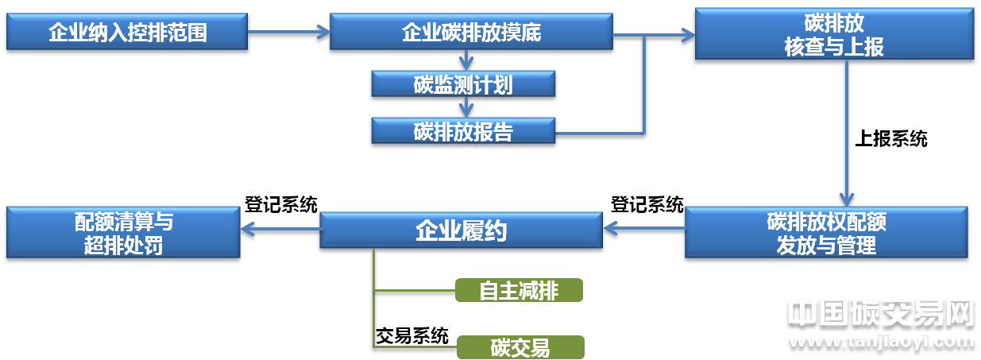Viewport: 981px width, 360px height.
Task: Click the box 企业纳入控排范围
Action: coord(127,33)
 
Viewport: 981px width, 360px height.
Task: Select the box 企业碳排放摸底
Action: coord(472,33)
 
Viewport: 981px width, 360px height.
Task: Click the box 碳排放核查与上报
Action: coord(833,35)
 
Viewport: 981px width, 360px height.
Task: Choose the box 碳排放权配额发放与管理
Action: coord(826,233)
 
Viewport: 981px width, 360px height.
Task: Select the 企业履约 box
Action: coord(461,231)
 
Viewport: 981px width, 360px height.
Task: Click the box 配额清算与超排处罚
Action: coord(123,233)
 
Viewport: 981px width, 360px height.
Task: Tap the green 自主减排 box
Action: coord(519,291)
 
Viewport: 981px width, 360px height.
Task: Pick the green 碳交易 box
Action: coord(519,347)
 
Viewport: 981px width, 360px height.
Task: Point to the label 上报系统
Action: coord(890,139)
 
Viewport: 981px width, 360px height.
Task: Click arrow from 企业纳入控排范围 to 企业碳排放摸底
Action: coord(287,32)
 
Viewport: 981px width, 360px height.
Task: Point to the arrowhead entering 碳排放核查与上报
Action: coord(684,34)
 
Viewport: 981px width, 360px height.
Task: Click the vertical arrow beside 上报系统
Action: coord(848,135)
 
